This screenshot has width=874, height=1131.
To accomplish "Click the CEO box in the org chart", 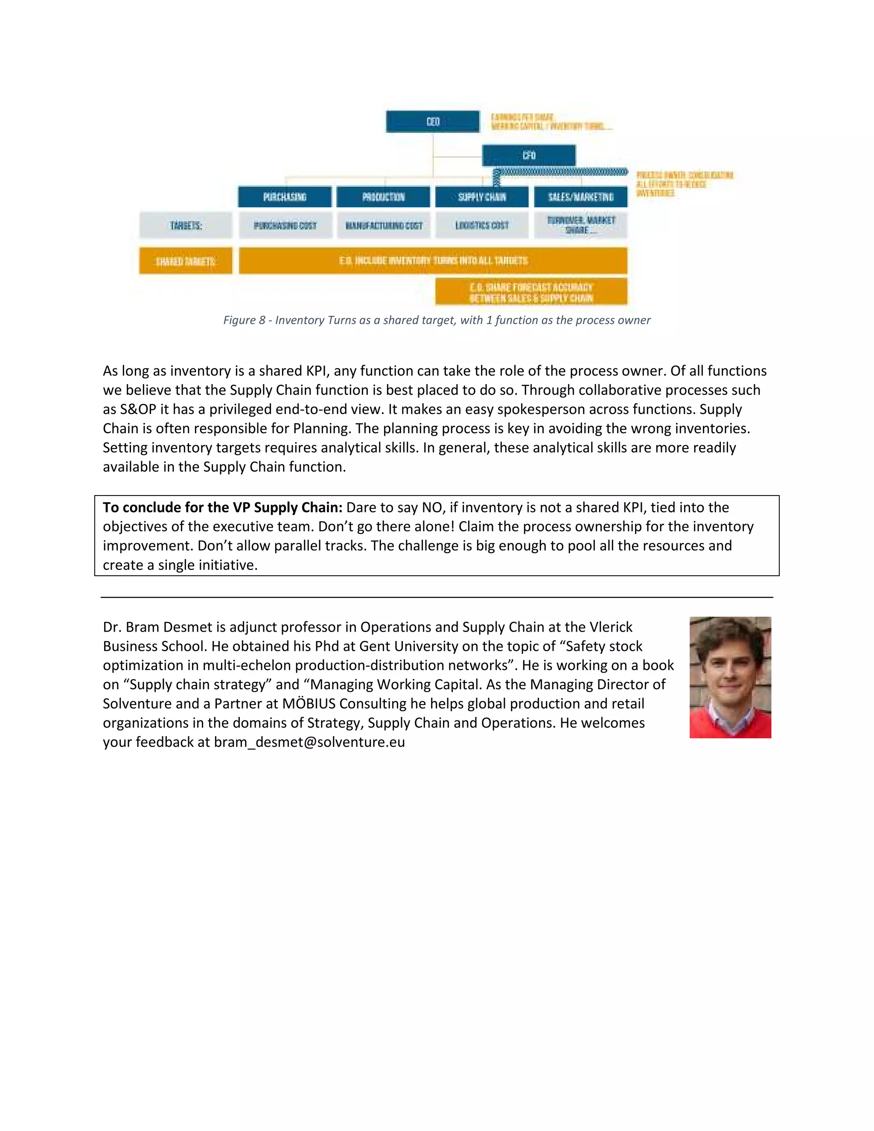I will (x=432, y=122).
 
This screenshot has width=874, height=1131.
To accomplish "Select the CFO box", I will (x=528, y=155).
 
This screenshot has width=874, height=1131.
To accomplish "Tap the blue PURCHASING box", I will (x=284, y=197).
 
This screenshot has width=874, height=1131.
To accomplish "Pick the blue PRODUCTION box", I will (x=383, y=197).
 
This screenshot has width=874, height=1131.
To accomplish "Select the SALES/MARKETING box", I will (x=580, y=197).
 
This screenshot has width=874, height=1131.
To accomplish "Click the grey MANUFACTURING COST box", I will (x=383, y=225).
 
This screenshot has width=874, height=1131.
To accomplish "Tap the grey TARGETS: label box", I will (x=185, y=225).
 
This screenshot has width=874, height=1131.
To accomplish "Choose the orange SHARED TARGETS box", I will (x=185, y=261).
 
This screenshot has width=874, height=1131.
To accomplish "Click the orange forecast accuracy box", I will (x=531, y=292).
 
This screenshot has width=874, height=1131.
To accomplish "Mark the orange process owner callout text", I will (x=684, y=184).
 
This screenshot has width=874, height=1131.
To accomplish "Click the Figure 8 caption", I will (x=437, y=320).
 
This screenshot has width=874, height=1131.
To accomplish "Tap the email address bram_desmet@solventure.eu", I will (x=309, y=742).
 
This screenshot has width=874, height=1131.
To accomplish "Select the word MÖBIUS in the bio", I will (x=309, y=704).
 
